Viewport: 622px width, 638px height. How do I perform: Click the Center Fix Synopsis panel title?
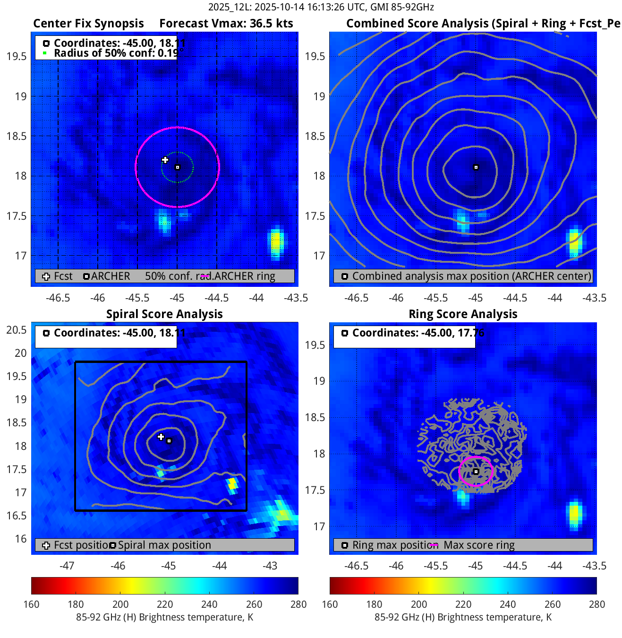[88, 24]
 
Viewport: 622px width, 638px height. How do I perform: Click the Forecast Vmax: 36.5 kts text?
[226, 24]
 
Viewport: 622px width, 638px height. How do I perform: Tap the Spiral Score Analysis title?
[164, 314]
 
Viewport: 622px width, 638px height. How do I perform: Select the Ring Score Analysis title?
[463, 314]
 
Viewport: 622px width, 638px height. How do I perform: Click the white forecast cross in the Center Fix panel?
[165, 160]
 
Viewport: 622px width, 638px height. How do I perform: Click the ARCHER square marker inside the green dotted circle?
[178, 167]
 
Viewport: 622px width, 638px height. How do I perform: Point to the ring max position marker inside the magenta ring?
[476, 472]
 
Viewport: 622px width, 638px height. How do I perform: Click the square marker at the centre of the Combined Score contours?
[476, 167]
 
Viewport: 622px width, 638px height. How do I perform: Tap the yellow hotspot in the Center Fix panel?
[276, 242]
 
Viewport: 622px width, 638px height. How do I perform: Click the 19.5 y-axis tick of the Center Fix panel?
[17, 57]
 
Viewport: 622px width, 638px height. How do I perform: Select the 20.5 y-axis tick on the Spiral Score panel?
[17, 330]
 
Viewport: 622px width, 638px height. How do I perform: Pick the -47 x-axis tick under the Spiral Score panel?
[67, 566]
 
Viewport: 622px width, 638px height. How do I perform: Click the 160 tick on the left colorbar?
[32, 604]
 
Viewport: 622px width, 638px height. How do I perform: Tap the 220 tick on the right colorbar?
[463, 604]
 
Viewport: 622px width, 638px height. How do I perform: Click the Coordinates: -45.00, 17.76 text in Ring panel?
[418, 333]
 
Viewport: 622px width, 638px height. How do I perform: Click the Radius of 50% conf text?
[116, 53]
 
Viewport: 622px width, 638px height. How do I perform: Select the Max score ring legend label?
[479, 545]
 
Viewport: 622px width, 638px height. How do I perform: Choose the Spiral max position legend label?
[164, 545]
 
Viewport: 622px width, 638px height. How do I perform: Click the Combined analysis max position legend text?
[471, 276]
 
